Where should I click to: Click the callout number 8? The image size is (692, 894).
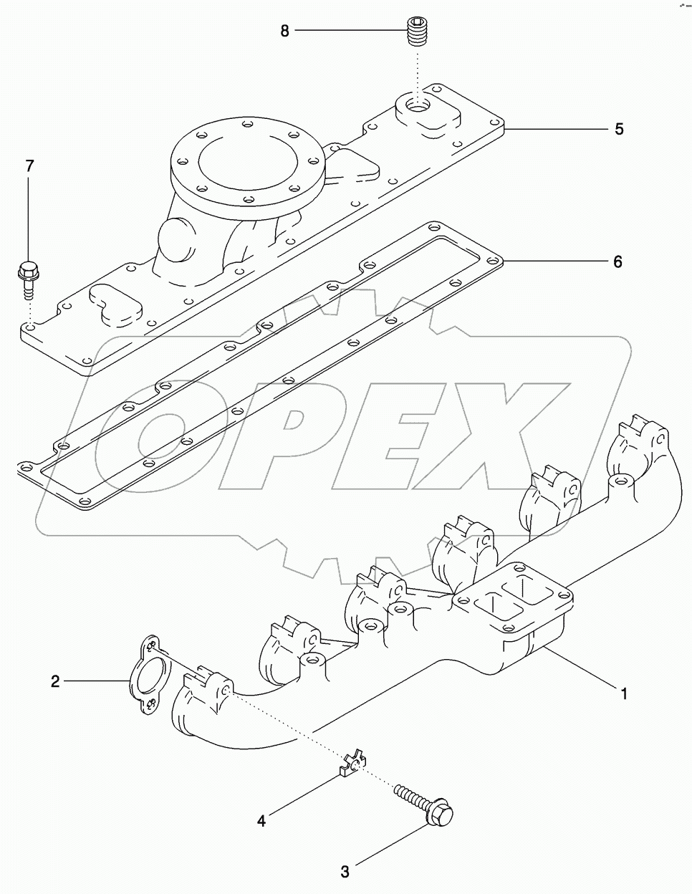coord(285,32)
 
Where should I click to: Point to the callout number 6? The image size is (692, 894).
coord(617,262)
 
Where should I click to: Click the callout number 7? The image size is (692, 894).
coord(29,166)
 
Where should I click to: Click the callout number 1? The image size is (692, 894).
coord(624,693)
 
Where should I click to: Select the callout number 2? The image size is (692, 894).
coord(55,681)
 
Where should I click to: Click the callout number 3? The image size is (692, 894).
coord(345,872)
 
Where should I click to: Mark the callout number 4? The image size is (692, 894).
coord(261,821)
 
